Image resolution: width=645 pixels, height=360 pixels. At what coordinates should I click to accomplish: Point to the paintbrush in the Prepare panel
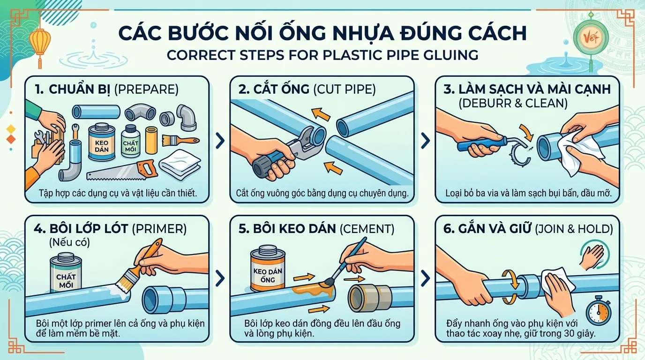coord(180,141)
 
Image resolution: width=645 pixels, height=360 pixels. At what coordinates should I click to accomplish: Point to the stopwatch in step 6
coord(598,311)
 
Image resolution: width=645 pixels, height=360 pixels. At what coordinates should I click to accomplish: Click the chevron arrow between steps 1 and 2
coord(220,141)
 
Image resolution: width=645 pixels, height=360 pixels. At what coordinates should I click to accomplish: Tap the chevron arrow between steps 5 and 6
coord(425,278)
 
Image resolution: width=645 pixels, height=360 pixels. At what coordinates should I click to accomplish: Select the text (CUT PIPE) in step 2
coord(344,90)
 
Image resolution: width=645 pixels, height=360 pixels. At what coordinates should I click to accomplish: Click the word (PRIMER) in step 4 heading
coord(159,229)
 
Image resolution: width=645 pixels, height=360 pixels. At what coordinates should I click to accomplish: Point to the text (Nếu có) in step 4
coord(69,242)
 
